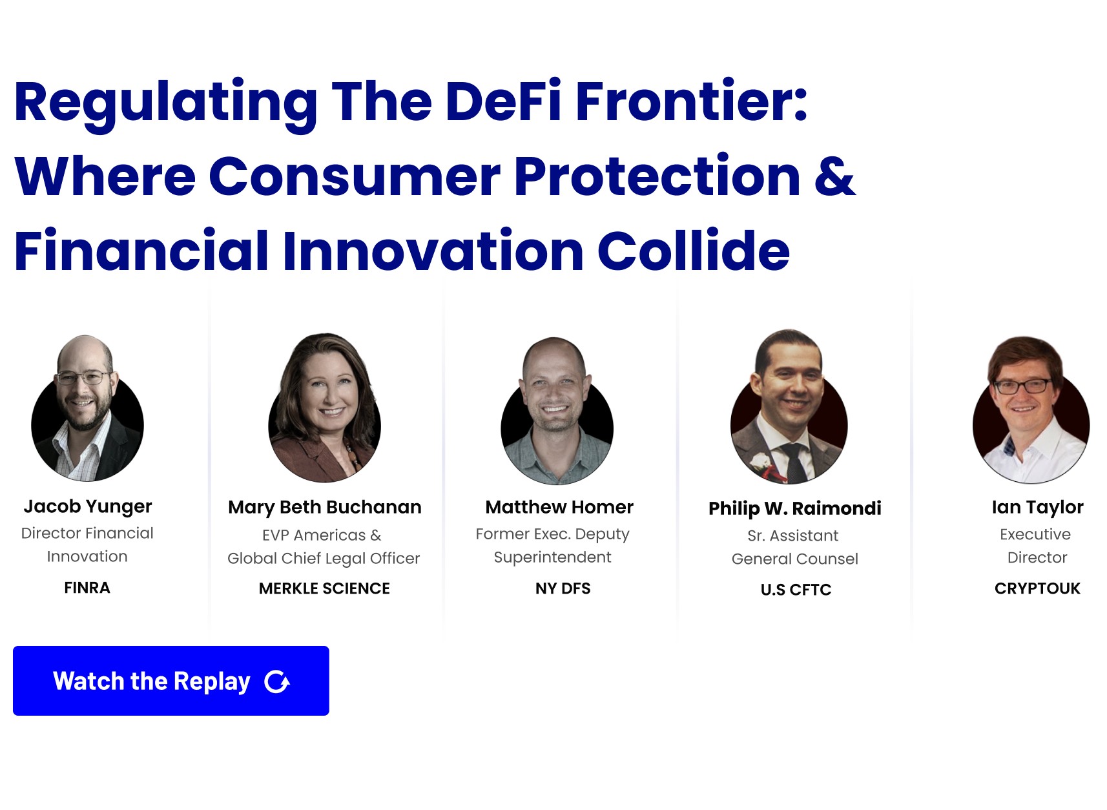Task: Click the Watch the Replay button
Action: click(x=171, y=681)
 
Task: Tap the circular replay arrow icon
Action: click(x=277, y=681)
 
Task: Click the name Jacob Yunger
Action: click(x=88, y=506)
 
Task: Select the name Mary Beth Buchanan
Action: click(x=324, y=508)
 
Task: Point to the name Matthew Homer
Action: click(x=559, y=507)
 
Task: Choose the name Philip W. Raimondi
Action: click(x=794, y=508)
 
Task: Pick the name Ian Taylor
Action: click(x=1037, y=507)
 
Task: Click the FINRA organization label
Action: click(x=87, y=588)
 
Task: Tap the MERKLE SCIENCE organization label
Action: click(x=324, y=588)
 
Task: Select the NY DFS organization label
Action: click(x=563, y=588)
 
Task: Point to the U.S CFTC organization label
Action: click(x=796, y=590)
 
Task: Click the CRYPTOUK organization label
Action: click(x=1037, y=588)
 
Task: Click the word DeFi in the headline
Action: click(x=503, y=101)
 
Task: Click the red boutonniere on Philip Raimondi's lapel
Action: click(x=762, y=463)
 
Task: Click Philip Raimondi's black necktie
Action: click(x=794, y=462)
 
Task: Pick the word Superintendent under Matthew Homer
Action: click(x=552, y=557)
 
